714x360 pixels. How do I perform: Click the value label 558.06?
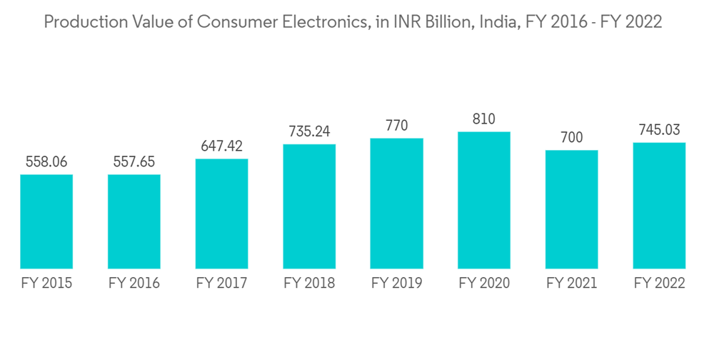[x=46, y=162]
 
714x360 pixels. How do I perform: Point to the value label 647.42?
[x=221, y=146]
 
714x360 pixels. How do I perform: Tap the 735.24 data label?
[x=309, y=132]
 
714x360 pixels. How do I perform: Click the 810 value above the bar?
[x=484, y=119]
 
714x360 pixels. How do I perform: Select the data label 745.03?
[x=659, y=130]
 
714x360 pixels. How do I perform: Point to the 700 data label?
[x=571, y=138]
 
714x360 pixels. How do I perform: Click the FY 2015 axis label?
[x=46, y=284]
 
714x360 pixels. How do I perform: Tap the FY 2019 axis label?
[x=396, y=284]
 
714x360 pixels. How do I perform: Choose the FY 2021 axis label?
[x=571, y=284]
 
